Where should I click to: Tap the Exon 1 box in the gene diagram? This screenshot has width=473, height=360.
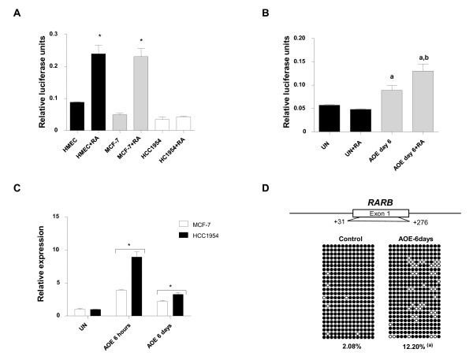point(380,213)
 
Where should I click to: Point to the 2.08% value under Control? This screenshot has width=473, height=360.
point(351,345)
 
